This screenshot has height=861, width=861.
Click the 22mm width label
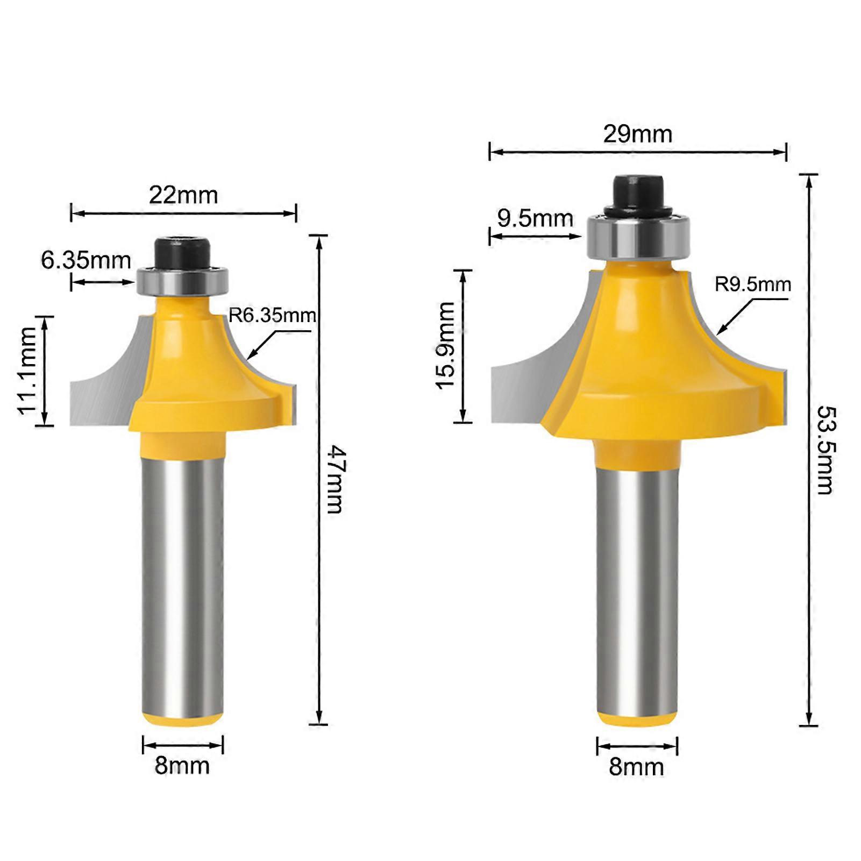pos(183,195)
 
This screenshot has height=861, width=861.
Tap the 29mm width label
pos(638,134)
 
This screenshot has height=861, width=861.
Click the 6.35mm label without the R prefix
pos(86,261)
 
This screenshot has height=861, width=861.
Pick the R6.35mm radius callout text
pos(272,315)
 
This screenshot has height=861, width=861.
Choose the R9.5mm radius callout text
pos(752,284)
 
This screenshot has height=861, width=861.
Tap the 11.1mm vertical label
pos(28,371)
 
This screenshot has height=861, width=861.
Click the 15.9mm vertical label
pos(446,346)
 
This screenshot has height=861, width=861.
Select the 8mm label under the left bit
pos(182,766)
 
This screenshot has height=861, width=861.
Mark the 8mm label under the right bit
pos(636,767)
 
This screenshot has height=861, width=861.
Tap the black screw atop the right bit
pos(638,193)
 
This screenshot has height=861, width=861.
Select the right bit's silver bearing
pos(638,236)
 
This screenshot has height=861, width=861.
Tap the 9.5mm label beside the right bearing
pos(535,219)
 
